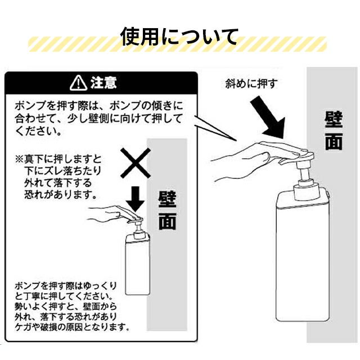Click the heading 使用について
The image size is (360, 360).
(179, 37)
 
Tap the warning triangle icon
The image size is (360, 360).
(79, 83)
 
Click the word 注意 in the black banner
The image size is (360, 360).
(103, 83)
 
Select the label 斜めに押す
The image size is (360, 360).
(251, 84)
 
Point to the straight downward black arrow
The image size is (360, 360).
(136, 199)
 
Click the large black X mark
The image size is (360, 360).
(136, 163)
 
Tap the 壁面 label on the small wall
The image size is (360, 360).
(168, 210)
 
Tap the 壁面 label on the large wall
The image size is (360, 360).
(334, 130)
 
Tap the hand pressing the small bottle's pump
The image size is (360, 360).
(112, 214)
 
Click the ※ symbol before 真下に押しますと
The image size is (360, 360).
(20, 159)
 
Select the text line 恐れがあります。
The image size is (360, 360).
(61, 195)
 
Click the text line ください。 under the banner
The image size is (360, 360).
(38, 132)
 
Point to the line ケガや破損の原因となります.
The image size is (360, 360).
(72, 327)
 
